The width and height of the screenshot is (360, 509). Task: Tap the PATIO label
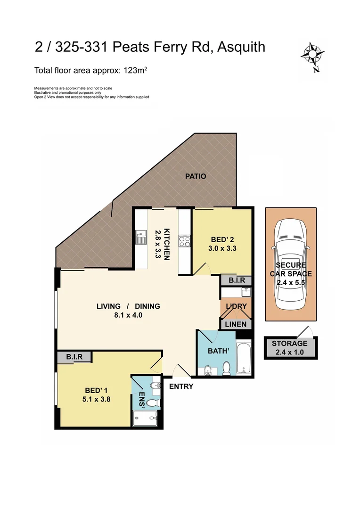click(196, 176)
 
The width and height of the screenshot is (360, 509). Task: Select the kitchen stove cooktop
click(184, 242)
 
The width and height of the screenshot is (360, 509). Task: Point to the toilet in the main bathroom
click(226, 368)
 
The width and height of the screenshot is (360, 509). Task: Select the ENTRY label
click(181, 386)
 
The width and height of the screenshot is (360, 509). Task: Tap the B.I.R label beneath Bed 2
click(236, 280)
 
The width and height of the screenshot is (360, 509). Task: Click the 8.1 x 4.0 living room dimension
click(128, 315)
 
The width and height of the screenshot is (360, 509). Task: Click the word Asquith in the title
click(240, 47)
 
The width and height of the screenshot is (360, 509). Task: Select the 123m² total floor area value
click(137, 71)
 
